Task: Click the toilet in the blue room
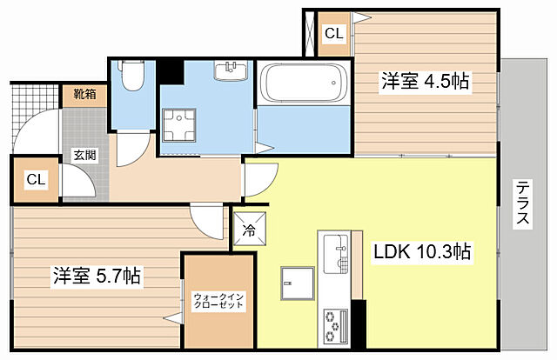[132, 76]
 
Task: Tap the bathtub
[304, 83]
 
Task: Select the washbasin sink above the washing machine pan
[231, 70]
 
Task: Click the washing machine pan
[179, 125]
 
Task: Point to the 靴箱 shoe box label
[85, 94]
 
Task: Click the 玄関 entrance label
[85, 155]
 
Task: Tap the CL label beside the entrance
[37, 180]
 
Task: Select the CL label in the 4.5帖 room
[334, 34]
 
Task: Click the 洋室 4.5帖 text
[426, 81]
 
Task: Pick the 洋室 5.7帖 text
[97, 276]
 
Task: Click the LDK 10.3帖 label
[422, 251]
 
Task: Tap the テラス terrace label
[522, 203]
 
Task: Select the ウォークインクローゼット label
[218, 301]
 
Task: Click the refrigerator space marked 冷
[250, 229]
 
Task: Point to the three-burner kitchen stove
[335, 325]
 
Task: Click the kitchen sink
[336, 253]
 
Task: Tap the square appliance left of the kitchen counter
[298, 283]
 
